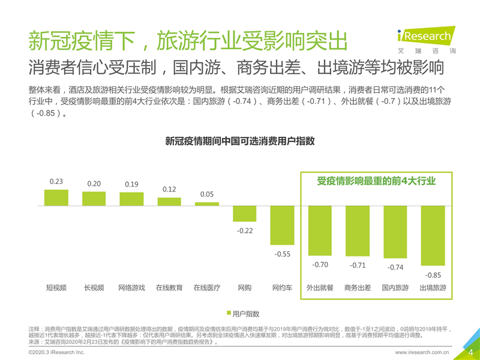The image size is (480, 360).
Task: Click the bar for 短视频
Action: (x=56, y=197)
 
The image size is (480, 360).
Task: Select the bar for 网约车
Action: (x=282, y=225)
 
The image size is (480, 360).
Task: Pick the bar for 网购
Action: (x=244, y=214)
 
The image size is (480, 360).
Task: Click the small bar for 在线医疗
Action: (x=207, y=204)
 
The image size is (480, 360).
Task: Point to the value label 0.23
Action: (x=56, y=181)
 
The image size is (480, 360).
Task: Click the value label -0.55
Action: (x=282, y=254)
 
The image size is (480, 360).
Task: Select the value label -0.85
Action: (x=433, y=275)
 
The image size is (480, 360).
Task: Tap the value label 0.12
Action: (x=169, y=189)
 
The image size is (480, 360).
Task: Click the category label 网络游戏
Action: (x=131, y=288)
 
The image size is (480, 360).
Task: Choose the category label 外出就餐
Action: (x=320, y=288)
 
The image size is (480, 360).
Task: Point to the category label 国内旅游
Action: (x=395, y=288)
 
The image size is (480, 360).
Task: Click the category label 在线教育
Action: (x=169, y=288)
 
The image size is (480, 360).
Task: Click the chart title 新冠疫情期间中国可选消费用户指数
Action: (x=240, y=141)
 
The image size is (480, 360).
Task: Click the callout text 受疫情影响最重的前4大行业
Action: (x=376, y=181)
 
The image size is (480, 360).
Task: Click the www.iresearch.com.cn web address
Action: (x=422, y=353)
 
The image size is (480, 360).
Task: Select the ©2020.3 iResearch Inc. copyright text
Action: (x=57, y=353)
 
